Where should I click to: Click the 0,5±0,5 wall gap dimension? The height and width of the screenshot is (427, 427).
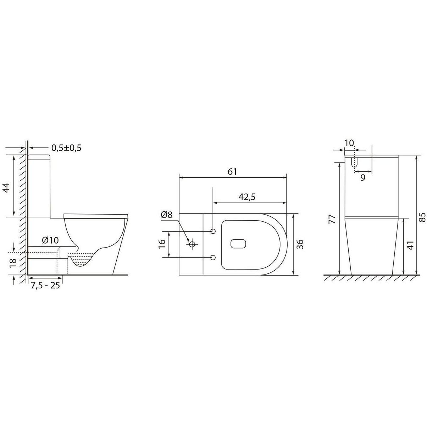click(x=66, y=148)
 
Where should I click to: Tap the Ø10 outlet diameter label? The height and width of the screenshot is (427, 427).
click(x=50, y=240)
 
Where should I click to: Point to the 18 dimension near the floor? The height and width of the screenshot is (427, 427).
click(x=13, y=263)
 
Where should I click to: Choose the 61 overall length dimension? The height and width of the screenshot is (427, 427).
click(x=232, y=172)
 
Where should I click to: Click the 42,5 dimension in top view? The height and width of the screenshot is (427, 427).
click(x=247, y=197)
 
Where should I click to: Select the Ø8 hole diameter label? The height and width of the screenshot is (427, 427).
click(x=167, y=215)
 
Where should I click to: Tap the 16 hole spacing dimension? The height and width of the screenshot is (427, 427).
click(x=162, y=244)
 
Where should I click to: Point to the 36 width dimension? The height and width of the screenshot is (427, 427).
click(x=300, y=244)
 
